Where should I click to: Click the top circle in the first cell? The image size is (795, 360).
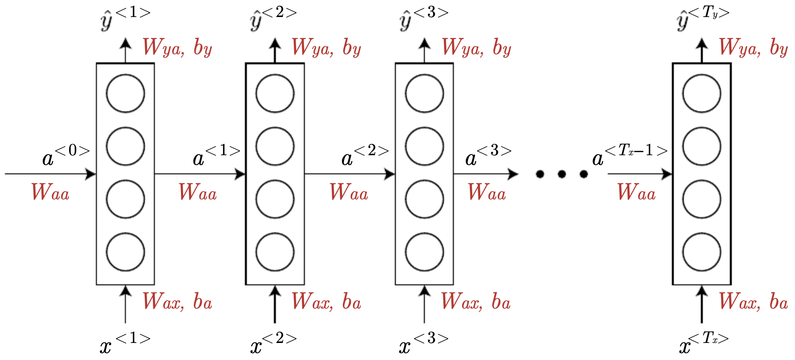pyautogui.click(x=125, y=94)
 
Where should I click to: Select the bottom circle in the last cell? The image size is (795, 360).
pyautogui.click(x=701, y=252)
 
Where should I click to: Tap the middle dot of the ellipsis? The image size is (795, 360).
pyautogui.click(x=562, y=175)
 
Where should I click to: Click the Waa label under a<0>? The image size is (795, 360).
pyautogui.click(x=50, y=192)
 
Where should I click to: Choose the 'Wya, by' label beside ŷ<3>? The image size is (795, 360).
pyautogui.click(x=476, y=48)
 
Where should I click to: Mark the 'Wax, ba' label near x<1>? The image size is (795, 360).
pyautogui.click(x=177, y=302)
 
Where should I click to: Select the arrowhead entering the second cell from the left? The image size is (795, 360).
pyautogui.click(x=241, y=174)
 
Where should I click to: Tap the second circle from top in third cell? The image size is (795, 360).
pyautogui.click(x=424, y=147)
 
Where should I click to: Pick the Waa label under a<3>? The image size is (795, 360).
pyautogui.click(x=487, y=192)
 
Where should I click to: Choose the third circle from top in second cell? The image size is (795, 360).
pyautogui.click(x=275, y=199)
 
